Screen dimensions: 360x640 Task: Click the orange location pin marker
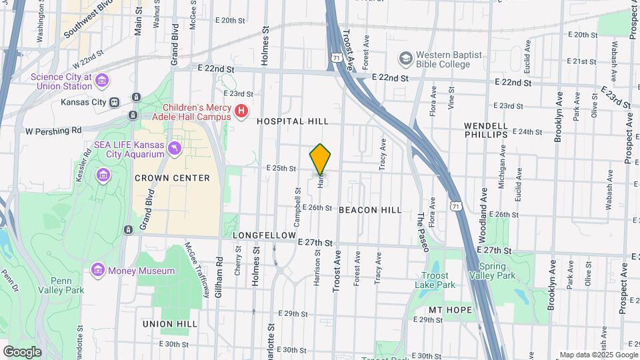click(320, 159)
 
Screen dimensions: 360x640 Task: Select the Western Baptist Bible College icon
click(405, 59)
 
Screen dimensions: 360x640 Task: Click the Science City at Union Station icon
click(102, 81)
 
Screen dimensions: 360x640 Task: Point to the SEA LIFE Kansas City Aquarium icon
click(175, 148)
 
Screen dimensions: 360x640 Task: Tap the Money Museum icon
click(99, 270)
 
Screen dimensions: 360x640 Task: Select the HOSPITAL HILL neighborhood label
click(293, 121)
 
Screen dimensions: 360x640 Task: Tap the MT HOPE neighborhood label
click(450, 310)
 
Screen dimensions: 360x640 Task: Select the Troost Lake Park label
click(438, 280)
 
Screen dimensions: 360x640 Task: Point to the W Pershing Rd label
click(53, 130)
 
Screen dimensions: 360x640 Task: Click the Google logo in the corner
click(22, 351)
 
